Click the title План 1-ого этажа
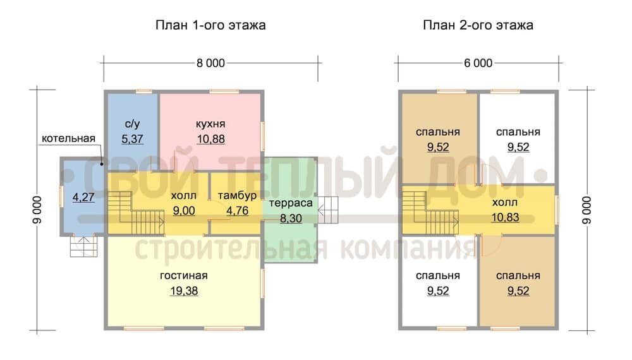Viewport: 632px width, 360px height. click(x=210, y=25)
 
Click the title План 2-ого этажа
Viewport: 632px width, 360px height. click(x=478, y=25)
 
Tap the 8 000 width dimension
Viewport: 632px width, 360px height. click(x=211, y=63)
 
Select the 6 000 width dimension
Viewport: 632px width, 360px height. click(x=478, y=63)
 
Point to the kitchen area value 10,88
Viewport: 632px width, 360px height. click(x=211, y=140)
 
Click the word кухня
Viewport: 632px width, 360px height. click(x=210, y=124)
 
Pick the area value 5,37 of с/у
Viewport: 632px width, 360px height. click(x=132, y=140)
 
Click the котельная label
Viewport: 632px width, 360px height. click(x=68, y=138)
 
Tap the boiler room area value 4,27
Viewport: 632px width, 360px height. click(x=83, y=197)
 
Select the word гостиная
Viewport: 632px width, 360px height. click(x=184, y=276)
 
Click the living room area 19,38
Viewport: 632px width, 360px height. click(x=184, y=291)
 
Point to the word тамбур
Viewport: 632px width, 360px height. click(x=238, y=196)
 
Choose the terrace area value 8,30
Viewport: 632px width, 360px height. click(x=291, y=219)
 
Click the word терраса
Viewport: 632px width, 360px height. click(x=291, y=203)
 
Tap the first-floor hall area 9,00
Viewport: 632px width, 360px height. click(x=184, y=210)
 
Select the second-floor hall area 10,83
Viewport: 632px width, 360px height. click(x=505, y=218)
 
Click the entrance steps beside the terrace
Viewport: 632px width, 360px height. click(x=328, y=210)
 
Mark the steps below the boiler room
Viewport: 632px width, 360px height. click(x=84, y=246)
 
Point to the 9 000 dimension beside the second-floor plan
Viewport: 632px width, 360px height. click(x=587, y=210)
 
